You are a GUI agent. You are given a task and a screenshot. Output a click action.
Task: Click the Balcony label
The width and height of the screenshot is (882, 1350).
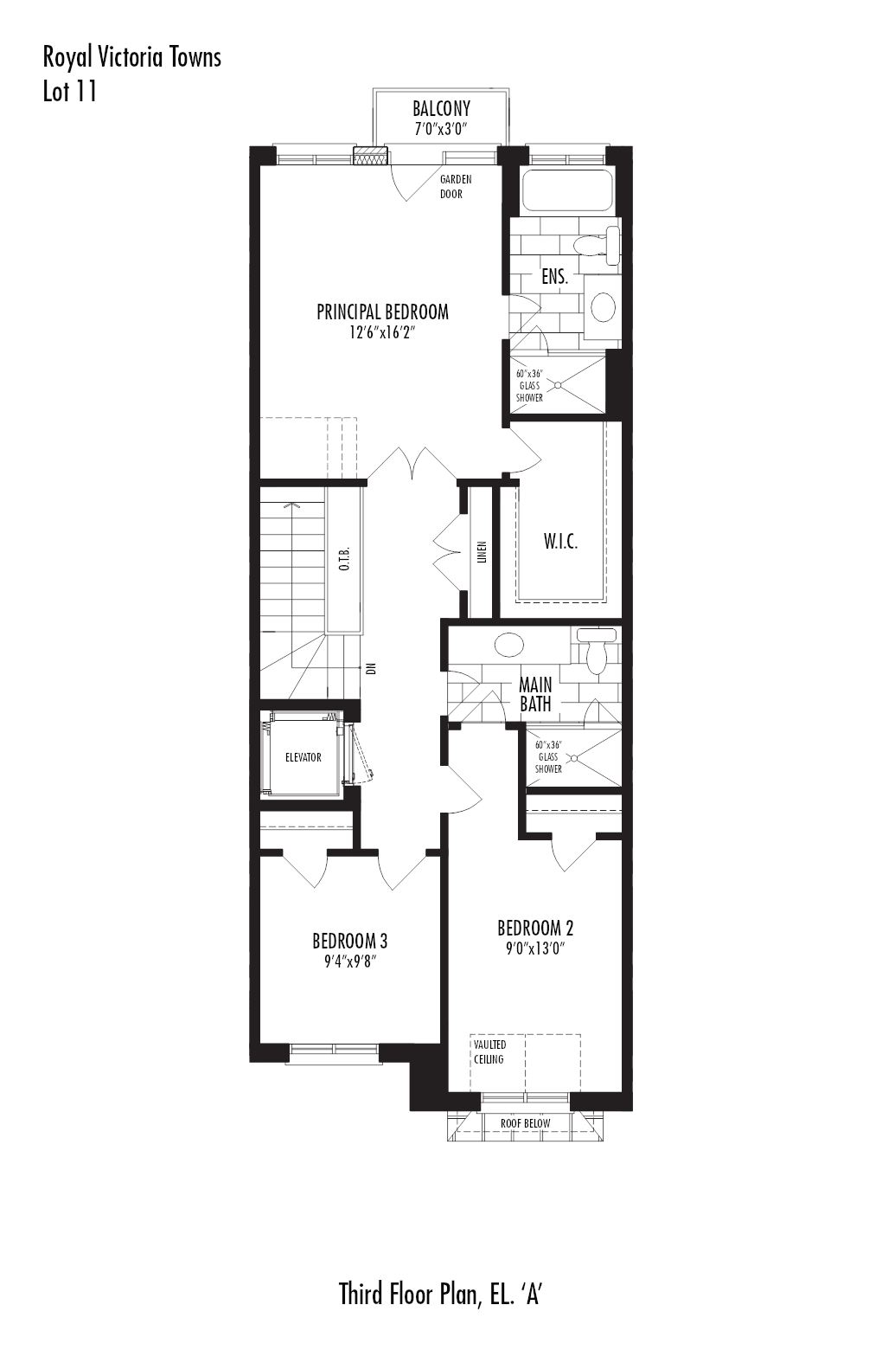tap(441, 109)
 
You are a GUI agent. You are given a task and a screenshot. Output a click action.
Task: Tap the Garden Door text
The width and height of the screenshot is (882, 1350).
tap(455, 186)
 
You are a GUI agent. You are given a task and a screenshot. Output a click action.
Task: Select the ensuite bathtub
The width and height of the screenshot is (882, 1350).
tap(566, 190)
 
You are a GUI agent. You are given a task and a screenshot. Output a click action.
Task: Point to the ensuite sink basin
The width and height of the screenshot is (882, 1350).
tap(603, 307)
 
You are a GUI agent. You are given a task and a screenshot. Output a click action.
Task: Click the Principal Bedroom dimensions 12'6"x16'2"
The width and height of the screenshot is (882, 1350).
tap(382, 331)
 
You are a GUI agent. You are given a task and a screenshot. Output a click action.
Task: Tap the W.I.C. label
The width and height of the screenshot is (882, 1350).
tap(560, 543)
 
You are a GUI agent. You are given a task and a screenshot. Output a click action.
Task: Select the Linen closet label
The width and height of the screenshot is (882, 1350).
tap(482, 554)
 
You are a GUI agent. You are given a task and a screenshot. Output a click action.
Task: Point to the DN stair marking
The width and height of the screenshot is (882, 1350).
tap(372, 668)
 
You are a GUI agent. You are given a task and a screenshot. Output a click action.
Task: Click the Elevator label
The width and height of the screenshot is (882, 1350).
tap(304, 757)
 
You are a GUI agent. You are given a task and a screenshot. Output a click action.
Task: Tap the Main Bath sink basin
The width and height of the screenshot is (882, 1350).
tap(508, 645)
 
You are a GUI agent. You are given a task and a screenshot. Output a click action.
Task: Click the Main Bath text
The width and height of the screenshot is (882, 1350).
tap(535, 694)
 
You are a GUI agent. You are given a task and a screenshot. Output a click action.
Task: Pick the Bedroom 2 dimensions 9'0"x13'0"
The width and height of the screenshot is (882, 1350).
tap(534, 948)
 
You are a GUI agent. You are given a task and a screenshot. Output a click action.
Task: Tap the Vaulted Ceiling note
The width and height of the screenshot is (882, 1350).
tap(489, 1051)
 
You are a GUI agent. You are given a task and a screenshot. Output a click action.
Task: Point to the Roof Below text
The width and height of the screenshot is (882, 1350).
tap(525, 1123)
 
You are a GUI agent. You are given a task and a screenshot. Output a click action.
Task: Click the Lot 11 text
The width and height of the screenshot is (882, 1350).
tap(70, 92)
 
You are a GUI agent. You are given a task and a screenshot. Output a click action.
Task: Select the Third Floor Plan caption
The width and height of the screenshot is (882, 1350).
tap(440, 1295)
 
